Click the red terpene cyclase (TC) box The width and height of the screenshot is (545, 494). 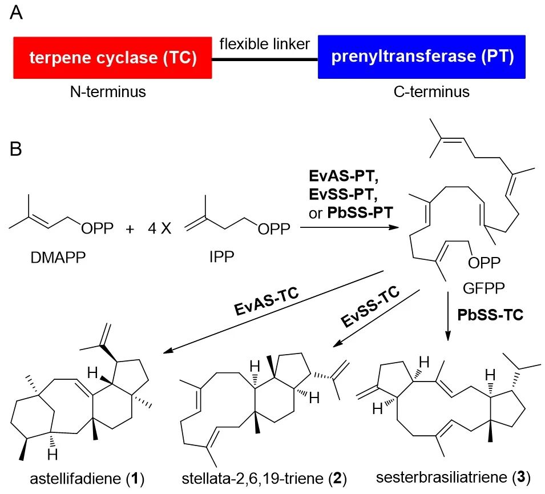[112, 57]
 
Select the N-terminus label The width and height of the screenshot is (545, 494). [112, 91]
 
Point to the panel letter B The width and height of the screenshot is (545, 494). [17, 150]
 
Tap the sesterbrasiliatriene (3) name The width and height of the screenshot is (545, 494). [454, 475]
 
